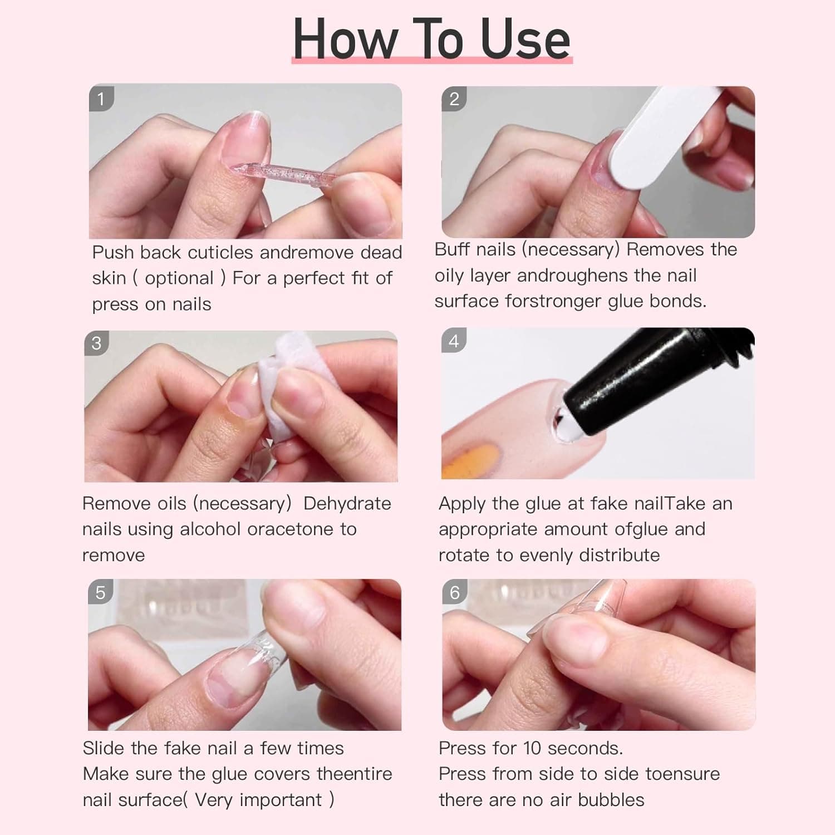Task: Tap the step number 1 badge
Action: [x=101, y=99]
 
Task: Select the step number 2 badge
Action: [x=454, y=99]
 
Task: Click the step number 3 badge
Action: [x=97, y=343]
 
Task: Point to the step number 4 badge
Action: [x=454, y=341]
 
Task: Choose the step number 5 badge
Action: [x=100, y=592]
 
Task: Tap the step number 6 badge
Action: [x=454, y=592]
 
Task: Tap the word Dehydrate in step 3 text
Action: [x=347, y=503]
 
